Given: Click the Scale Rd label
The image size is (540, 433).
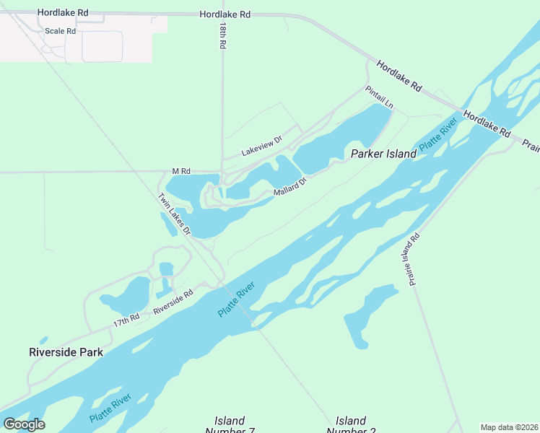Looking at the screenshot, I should pos(60,31).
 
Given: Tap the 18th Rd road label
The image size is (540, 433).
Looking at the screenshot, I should pos(224,35).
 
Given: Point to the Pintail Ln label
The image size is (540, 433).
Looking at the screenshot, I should pos(379,97).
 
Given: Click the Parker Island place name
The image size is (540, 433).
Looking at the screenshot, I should pos(383,154).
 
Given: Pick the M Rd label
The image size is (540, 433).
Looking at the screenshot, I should pos(180,171).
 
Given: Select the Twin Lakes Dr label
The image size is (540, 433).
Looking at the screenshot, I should pos(174,215).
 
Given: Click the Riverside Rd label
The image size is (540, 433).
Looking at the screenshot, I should pos(173,302).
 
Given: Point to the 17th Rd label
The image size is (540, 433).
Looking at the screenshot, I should pos(126,320).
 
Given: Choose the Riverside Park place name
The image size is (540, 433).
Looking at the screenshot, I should pos(66,352).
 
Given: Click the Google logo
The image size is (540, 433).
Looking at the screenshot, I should pos(24,424).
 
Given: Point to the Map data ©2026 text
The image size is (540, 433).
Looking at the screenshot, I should pos(509,427).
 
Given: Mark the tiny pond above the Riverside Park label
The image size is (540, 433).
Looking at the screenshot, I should pos(44,340).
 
